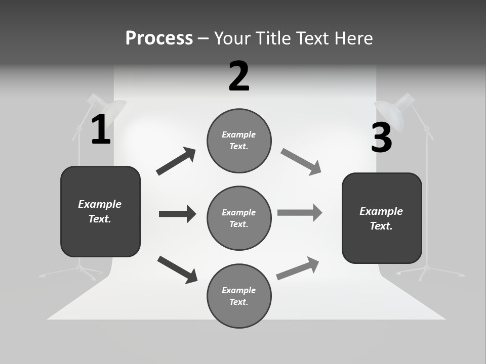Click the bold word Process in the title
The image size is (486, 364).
click(159, 38)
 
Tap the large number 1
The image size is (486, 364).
click(101, 130)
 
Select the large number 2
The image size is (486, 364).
click(239, 76)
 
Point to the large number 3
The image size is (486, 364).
click(381, 138)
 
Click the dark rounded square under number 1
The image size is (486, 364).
click(100, 211)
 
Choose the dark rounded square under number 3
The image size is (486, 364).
click(382, 218)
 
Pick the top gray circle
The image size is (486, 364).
click(239, 141)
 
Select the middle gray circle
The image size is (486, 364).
click(239, 218)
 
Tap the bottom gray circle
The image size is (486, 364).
click(239, 296)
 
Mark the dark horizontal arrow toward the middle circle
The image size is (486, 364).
click(177, 214)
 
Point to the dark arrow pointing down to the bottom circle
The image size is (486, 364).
click(177, 269)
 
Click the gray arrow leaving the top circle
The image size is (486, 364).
click(301, 162)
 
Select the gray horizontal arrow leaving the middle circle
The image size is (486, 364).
click(300, 212)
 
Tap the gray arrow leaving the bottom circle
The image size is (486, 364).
click(298, 268)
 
